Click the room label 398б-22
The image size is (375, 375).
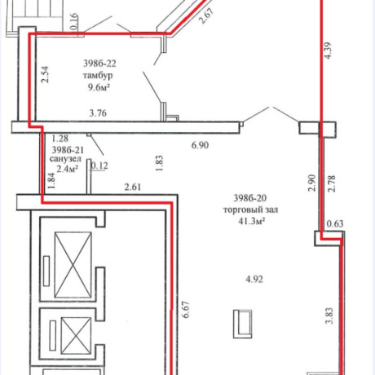coord(99,64)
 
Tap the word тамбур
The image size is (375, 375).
coord(98,75)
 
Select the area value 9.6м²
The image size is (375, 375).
coord(99,87)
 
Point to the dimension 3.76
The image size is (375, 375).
coord(98,113)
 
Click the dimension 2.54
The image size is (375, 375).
coord(45,74)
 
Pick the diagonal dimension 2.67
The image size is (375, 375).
coord(206,16)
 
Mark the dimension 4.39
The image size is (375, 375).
coord(328,51)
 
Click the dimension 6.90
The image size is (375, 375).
coord(200,145)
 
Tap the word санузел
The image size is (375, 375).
coord(65,159)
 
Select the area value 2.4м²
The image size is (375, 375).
coord(68,169)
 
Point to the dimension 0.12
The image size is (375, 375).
coord(99,165)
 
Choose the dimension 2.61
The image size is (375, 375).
coord(133,187)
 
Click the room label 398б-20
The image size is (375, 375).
coord(250,198)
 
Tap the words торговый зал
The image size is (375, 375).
coord(250,210)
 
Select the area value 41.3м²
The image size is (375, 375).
coord(252,222)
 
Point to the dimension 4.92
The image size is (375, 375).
coord(254,280)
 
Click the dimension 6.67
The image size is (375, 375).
coord(187,310)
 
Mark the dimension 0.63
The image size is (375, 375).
coord(335,224)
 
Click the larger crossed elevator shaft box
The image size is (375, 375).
coord(73,265)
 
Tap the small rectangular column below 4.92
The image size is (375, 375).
coord(242,324)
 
